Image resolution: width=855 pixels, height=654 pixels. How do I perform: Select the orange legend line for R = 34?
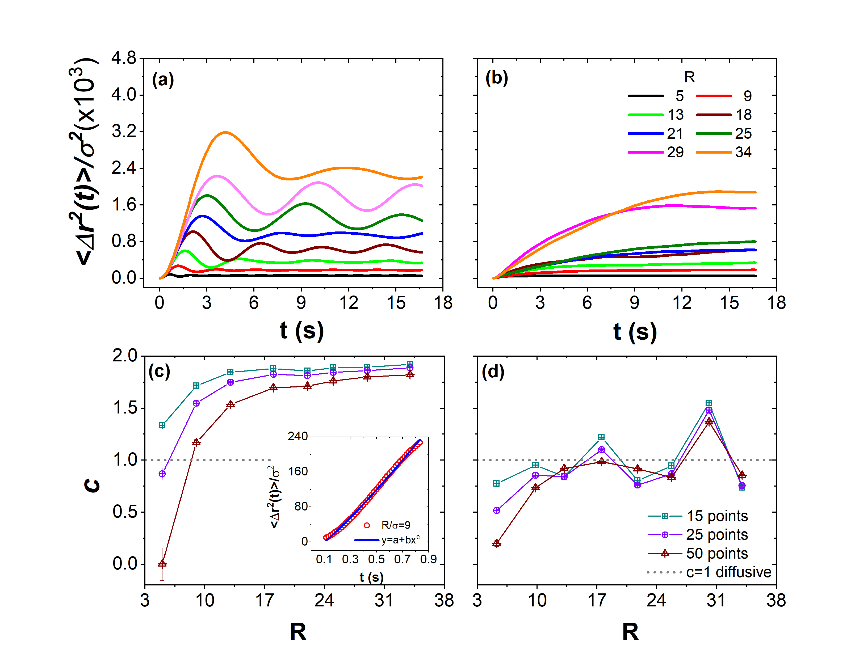click(714, 152)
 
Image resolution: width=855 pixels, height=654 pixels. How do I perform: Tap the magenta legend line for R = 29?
click(646, 152)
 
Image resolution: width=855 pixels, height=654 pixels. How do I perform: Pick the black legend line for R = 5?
click(646, 96)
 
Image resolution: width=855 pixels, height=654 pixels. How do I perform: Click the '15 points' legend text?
click(717, 516)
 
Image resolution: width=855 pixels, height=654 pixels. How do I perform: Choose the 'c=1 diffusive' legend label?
click(728, 572)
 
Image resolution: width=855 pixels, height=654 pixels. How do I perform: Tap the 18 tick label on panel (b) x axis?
click(776, 303)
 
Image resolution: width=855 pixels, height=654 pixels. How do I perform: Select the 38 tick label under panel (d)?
click(776, 600)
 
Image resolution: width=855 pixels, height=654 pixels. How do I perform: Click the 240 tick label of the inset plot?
click(297, 436)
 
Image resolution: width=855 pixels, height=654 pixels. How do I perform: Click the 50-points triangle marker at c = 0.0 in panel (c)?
click(162, 564)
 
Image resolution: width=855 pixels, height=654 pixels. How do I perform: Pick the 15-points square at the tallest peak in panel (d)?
click(709, 403)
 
